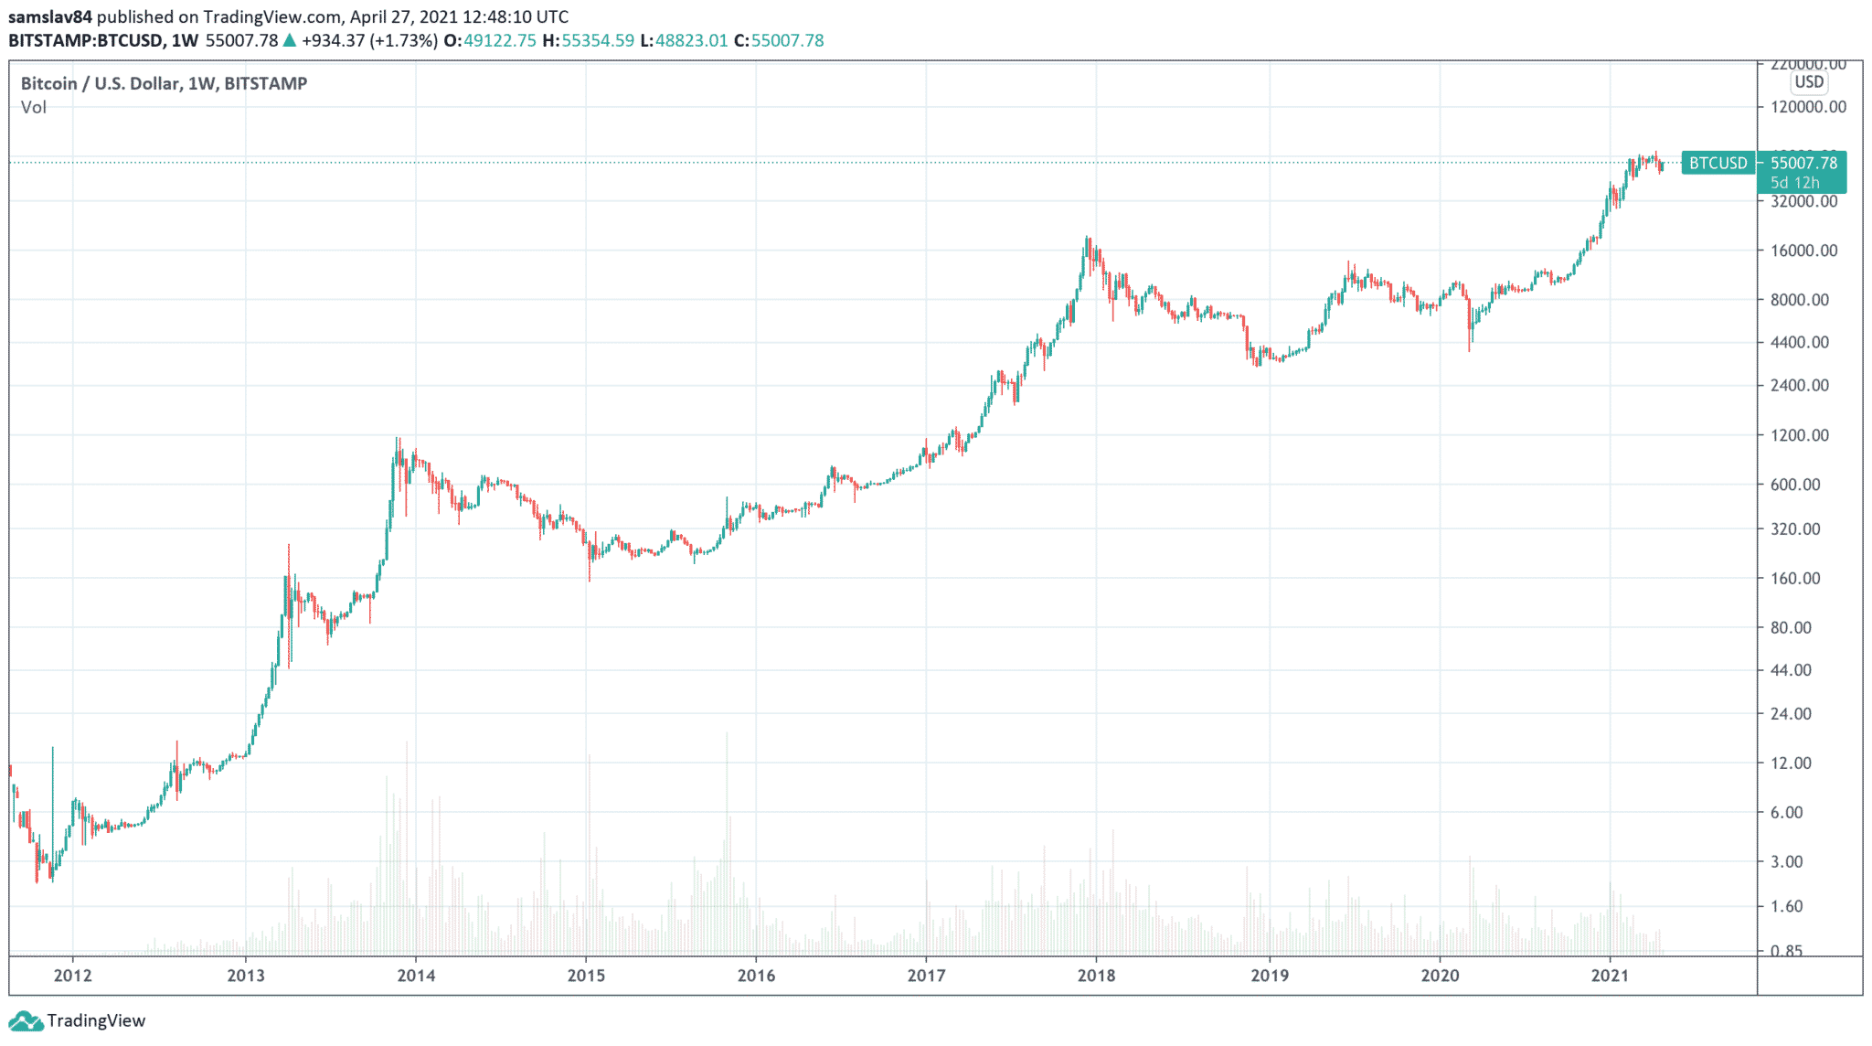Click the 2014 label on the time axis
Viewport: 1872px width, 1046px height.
pos(416,976)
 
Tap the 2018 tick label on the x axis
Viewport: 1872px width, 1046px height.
pos(1096,976)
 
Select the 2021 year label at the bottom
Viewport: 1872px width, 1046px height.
pos(1610,976)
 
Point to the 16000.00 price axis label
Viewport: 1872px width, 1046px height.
pos(1803,251)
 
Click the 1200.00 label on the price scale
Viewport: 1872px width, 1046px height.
pos(1800,435)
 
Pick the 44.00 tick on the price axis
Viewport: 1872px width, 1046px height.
pos(1791,670)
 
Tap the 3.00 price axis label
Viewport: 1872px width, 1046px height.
pos(1786,861)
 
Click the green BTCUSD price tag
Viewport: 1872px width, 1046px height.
pos(1718,163)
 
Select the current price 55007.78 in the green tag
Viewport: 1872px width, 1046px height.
pos(1803,163)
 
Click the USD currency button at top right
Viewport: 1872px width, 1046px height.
pos(1809,81)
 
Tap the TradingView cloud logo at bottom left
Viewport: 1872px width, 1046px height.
pos(25,1020)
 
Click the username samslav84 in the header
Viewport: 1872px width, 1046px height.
pos(50,16)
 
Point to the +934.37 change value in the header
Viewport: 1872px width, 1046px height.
pos(334,40)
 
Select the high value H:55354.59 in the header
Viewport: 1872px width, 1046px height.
pos(588,40)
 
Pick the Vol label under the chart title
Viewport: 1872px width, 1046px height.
pos(33,107)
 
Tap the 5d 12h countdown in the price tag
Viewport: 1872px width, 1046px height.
pos(1795,183)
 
